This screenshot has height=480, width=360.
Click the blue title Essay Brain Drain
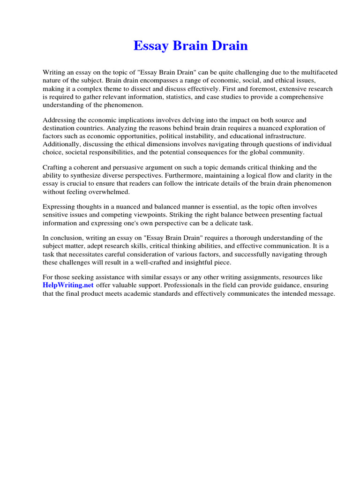pos(190,46)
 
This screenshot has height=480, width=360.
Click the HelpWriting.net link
pos(67,285)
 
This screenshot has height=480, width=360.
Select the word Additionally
pos(63,144)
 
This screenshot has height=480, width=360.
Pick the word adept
pos(94,246)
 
